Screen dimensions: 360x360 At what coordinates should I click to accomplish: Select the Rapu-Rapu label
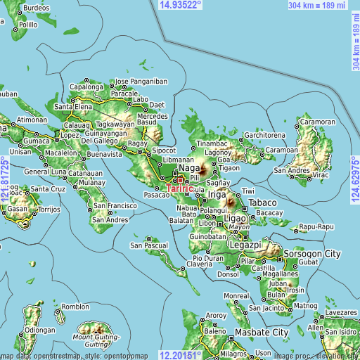(315, 226)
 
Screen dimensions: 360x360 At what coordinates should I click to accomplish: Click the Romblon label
(75, 307)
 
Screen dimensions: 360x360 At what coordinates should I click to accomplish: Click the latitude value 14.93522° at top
(181, 5)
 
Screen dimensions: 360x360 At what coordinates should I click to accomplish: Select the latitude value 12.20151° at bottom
(181, 354)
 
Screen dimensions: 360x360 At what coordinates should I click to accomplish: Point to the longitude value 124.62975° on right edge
(354, 180)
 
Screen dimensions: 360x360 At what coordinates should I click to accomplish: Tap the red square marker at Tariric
(180, 180)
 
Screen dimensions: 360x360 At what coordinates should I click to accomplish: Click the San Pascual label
(148, 245)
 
